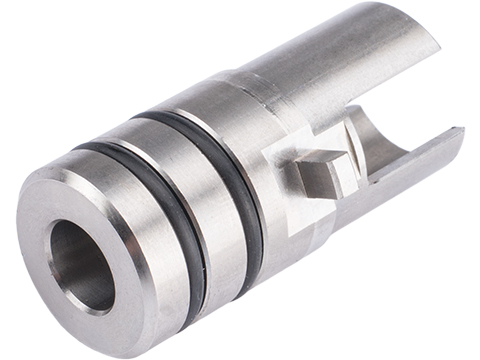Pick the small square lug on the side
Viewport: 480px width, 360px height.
318,174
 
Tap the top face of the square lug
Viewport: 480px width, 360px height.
322,159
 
